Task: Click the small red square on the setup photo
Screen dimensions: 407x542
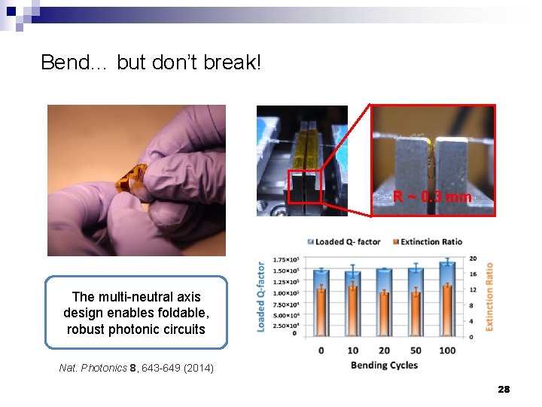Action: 305,186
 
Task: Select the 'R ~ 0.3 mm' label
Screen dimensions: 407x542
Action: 432,197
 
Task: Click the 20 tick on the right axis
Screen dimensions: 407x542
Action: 473,258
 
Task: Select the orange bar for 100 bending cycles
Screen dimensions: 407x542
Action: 447,311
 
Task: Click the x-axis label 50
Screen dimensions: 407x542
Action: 415,350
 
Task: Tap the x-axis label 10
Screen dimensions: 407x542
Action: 352,350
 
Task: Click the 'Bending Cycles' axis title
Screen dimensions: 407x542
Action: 384,366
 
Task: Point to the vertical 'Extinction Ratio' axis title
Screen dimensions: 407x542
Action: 490,297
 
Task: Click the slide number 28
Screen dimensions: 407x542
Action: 504,389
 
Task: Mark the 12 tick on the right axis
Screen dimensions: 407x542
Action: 473,289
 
